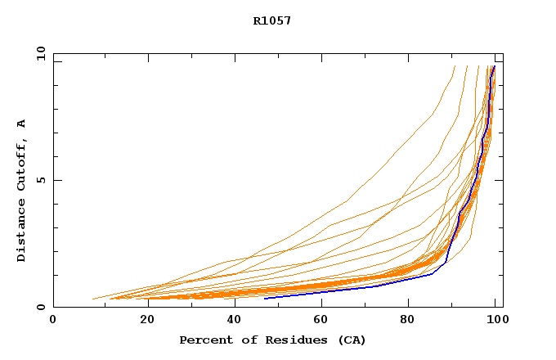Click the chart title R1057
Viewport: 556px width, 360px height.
pyautogui.click(x=272, y=20)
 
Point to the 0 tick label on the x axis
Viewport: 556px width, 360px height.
pyautogui.click(x=53, y=320)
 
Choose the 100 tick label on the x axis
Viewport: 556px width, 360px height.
pyautogui.click(x=496, y=320)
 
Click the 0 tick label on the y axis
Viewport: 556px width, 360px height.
pyautogui.click(x=41, y=308)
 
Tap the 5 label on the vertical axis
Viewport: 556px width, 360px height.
pyautogui.click(x=41, y=180)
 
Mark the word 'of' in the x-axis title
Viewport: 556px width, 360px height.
pyautogui.click(x=241, y=340)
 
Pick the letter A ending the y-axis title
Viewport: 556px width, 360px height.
pyautogui.click(x=21, y=123)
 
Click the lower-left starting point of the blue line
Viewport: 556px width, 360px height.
pyautogui.click(x=265, y=299)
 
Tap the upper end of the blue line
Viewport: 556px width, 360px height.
pyautogui.click(x=494, y=66)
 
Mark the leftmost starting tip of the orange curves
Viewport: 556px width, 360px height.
pyautogui.click(x=93, y=299)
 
